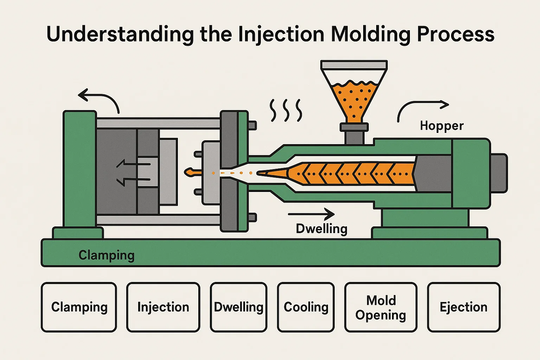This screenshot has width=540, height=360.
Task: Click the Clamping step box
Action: coord(79,307)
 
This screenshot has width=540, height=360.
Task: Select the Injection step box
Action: coord(163,307)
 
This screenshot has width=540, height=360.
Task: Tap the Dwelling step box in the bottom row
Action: coord(239,307)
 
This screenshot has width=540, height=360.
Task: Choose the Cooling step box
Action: coord(306,307)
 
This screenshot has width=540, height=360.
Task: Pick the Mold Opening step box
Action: coord(381,307)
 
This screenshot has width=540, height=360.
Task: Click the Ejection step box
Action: coord(464,307)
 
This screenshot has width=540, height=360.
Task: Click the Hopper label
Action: coord(442,126)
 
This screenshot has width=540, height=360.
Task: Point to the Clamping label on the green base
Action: coord(107,255)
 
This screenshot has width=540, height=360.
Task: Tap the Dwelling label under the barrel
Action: coord(322,229)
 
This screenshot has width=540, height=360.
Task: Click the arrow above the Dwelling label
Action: coord(311,214)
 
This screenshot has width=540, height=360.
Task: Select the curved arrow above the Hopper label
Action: coord(422,107)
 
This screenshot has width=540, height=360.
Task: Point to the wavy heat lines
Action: coord(286,110)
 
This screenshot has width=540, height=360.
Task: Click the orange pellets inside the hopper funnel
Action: coord(354,98)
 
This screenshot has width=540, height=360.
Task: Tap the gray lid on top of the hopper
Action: coord(354,65)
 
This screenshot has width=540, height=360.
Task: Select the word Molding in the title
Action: coord(371,34)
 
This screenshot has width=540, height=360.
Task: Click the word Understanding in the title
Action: coord(120,34)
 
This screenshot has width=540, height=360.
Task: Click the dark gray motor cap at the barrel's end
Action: coord(499,173)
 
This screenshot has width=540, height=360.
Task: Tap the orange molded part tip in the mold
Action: coord(190,172)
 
